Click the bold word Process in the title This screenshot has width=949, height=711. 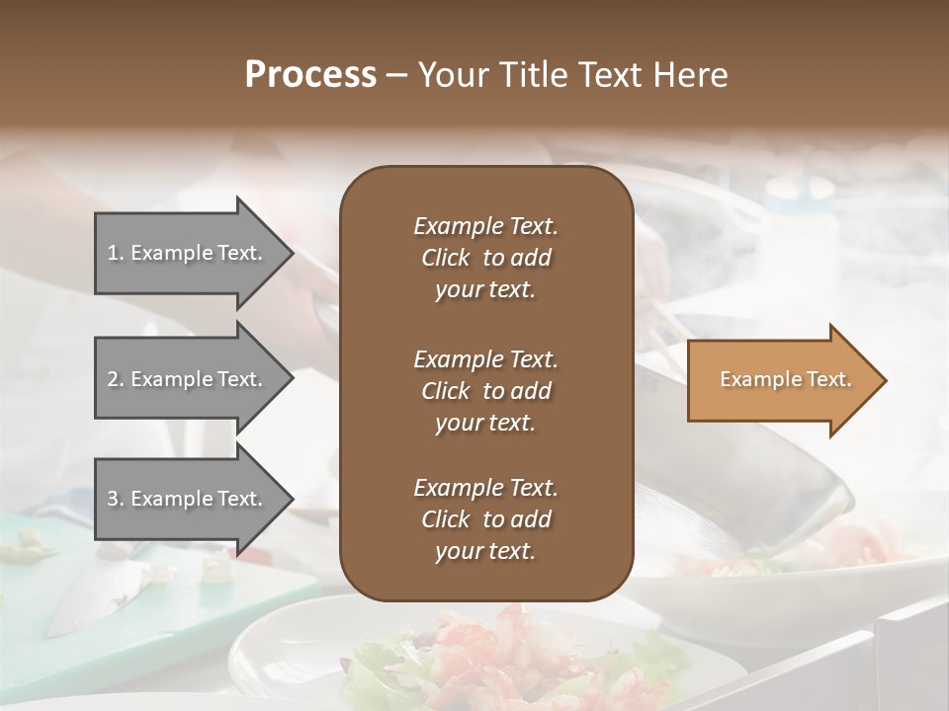310,75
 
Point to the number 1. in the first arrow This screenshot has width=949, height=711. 116,253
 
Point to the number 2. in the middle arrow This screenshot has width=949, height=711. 116,379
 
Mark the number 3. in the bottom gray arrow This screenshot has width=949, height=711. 116,499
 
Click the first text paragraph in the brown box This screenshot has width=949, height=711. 485,258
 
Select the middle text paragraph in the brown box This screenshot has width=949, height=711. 485,391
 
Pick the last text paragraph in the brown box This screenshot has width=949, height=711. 485,519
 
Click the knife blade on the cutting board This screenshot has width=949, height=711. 89,592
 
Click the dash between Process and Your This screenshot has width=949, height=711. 396,75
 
